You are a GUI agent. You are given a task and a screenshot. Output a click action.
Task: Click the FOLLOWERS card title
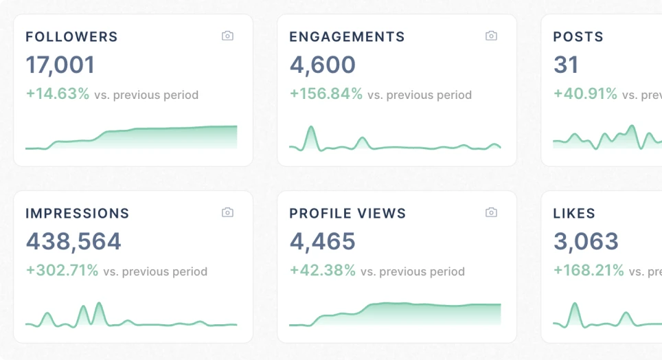point(71,37)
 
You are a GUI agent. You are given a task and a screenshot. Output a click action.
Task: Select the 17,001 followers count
point(60,65)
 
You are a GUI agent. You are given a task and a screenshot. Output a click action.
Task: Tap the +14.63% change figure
point(58,94)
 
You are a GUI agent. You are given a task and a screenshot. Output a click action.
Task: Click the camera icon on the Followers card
point(227,36)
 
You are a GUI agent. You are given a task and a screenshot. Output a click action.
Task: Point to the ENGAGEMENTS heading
point(347,37)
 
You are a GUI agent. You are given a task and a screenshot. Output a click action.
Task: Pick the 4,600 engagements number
point(322,65)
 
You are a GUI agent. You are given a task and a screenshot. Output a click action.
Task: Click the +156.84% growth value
point(326,94)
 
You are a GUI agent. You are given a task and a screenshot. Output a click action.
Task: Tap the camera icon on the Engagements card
point(491,36)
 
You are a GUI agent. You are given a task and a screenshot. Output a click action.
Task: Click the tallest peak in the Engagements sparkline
point(311,128)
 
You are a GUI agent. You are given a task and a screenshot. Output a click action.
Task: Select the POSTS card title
point(578,37)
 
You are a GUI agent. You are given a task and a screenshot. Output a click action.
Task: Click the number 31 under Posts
point(566,65)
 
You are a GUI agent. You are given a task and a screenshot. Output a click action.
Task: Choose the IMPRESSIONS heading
point(77,214)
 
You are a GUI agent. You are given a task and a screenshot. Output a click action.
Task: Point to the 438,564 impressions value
point(73,242)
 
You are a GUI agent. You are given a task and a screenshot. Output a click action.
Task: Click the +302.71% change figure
point(62,271)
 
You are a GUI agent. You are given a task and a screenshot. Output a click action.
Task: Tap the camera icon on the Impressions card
point(227,212)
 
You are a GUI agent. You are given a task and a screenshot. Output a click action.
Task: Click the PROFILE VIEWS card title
point(347,214)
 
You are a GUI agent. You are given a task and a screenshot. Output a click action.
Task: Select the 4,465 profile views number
point(322,242)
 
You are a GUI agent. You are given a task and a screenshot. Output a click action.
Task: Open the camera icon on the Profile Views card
point(491,212)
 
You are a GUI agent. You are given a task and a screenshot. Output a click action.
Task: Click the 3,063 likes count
point(586,242)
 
